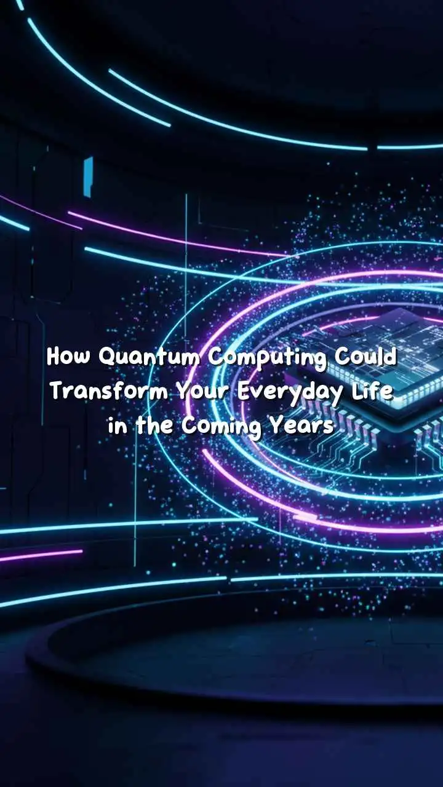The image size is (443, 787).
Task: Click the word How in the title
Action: pos(68,357)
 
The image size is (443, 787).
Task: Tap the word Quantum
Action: pos(150,358)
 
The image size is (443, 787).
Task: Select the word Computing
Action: pos(268,359)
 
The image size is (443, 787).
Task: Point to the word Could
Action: pos(365,357)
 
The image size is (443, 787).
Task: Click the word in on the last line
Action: pos(117,425)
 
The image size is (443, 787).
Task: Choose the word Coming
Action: pos(221,427)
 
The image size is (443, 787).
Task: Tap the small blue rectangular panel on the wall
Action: pos(88,176)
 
